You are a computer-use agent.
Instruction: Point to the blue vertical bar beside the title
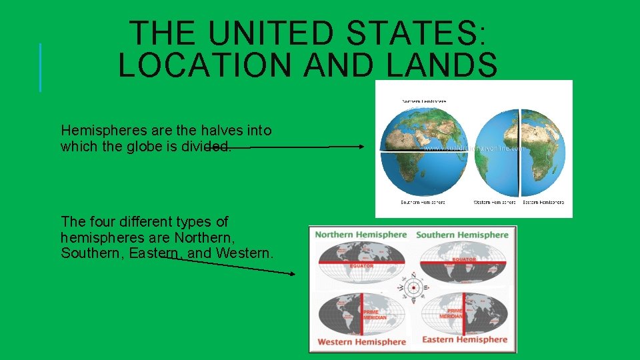pyautogui.click(x=40, y=67)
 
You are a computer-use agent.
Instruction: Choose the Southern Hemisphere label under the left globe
pyautogui.click(x=423, y=202)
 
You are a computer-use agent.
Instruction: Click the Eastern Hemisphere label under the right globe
pyautogui.click(x=543, y=202)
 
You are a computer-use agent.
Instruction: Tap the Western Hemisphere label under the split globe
pyautogui.click(x=495, y=202)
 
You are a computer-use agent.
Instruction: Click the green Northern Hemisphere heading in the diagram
pyautogui.click(x=361, y=235)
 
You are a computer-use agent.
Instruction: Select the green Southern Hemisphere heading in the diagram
pyautogui.click(x=462, y=235)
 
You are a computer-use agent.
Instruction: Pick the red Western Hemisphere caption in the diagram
pyautogui.click(x=361, y=342)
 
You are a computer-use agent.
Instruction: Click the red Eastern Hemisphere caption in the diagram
pyautogui.click(x=465, y=340)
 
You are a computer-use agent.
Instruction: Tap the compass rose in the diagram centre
pyautogui.click(x=414, y=288)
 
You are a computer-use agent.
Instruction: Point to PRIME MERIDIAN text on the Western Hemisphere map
pyautogui.click(x=375, y=315)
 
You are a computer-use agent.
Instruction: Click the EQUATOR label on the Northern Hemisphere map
pyautogui.click(x=361, y=265)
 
